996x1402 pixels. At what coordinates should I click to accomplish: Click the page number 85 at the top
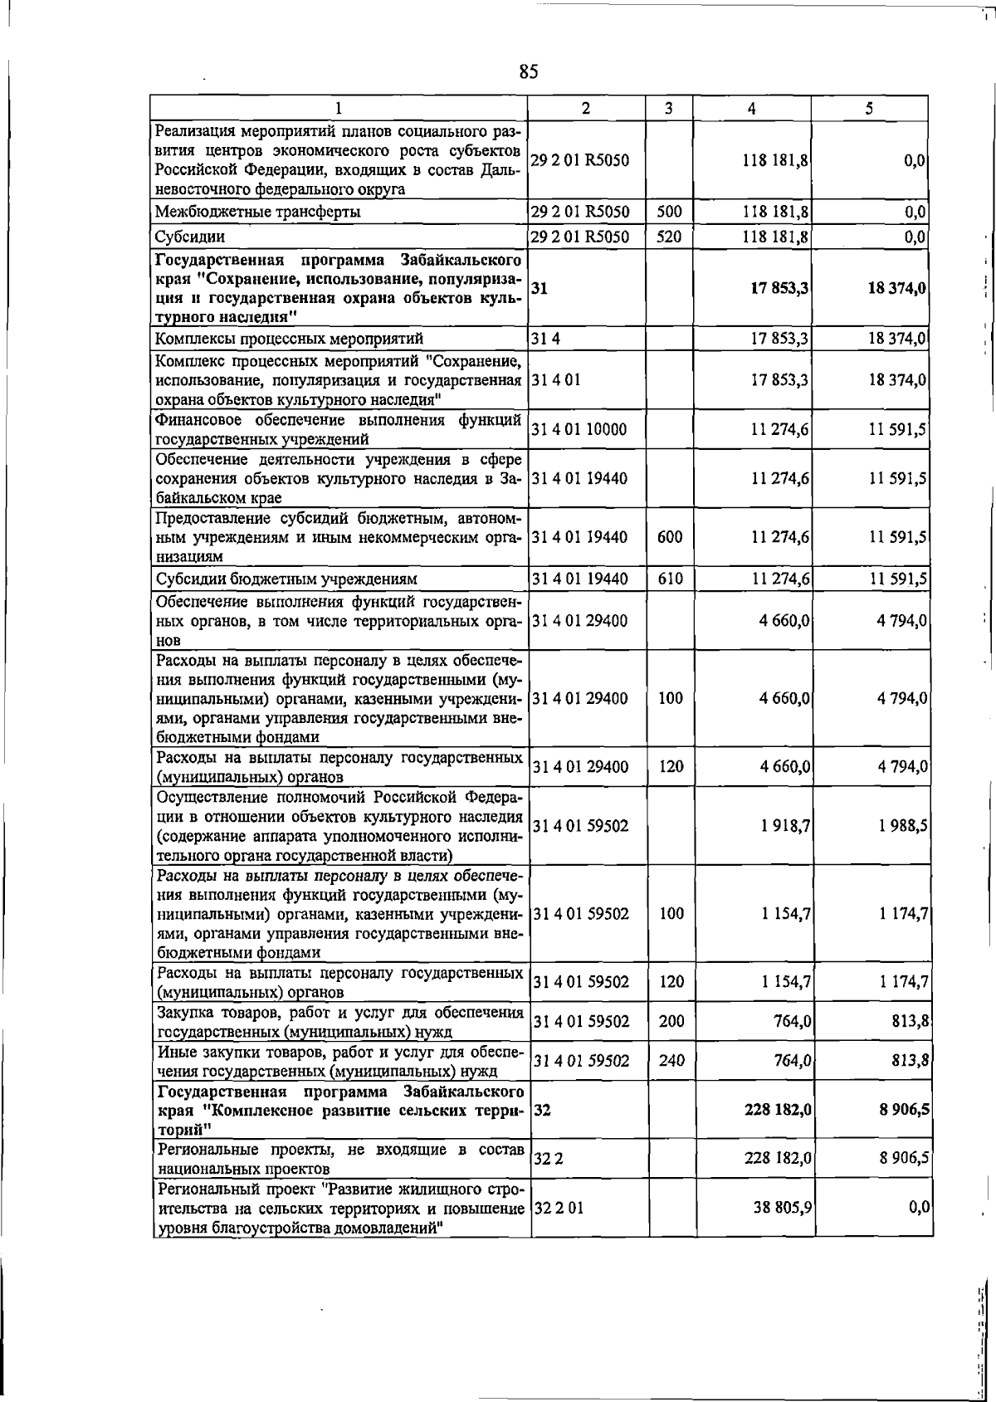pyautogui.click(x=529, y=72)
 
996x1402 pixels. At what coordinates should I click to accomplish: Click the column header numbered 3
pyautogui.click(x=668, y=108)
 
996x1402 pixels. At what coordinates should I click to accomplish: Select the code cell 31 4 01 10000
pyautogui.click(x=579, y=429)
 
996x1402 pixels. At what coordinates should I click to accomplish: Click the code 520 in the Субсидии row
pyautogui.click(x=668, y=237)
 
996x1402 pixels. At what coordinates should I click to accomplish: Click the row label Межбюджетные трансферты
pyautogui.click(x=258, y=212)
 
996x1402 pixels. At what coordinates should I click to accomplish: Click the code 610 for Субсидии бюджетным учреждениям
pyautogui.click(x=670, y=579)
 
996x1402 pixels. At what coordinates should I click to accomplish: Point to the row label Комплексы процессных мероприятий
pyautogui.click(x=289, y=339)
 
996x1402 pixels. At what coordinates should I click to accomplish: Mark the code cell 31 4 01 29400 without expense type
pyautogui.click(x=579, y=621)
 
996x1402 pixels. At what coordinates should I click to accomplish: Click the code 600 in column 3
pyautogui.click(x=670, y=537)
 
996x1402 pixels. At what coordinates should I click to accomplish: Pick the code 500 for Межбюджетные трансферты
pyautogui.click(x=669, y=212)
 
